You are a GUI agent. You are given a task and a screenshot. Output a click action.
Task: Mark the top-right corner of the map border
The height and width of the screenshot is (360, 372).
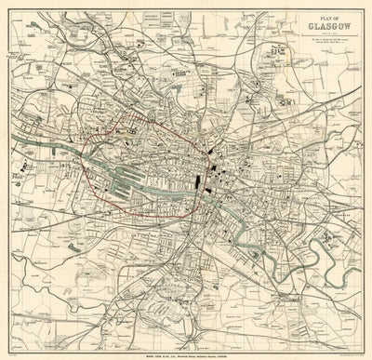coord(366,6)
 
